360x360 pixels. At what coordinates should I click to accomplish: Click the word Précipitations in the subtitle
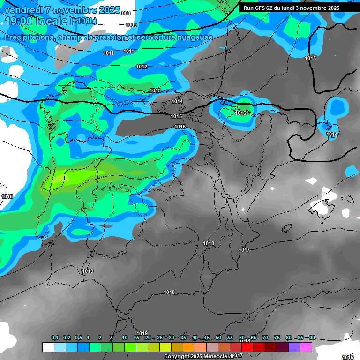(29, 37)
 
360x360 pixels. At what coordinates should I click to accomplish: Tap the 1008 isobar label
(125, 14)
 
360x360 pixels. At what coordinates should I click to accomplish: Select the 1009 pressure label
(131, 25)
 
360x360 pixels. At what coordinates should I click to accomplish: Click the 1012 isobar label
(142, 67)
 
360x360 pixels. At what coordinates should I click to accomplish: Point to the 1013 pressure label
(155, 90)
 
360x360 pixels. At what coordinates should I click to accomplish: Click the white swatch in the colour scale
(48, 347)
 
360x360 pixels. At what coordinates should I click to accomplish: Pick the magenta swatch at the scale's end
(306, 347)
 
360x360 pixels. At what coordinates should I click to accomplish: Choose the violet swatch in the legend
(294, 347)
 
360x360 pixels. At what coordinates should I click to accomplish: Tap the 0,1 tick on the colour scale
(54, 337)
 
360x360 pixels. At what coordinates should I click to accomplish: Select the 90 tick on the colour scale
(312, 337)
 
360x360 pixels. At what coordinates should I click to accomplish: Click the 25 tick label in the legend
(160, 337)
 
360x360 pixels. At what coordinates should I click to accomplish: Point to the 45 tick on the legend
(207, 337)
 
